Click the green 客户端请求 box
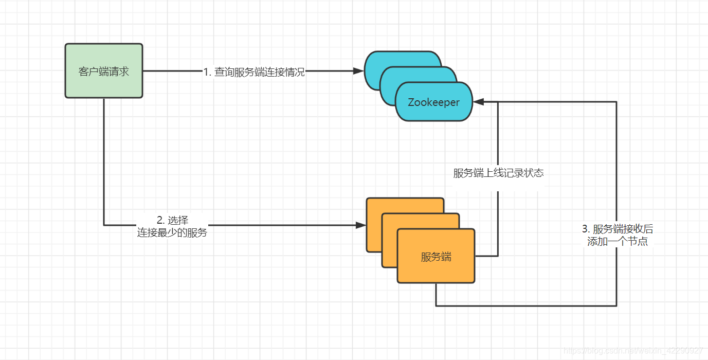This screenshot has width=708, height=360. tap(103, 71)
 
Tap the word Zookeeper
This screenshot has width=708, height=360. tap(433, 102)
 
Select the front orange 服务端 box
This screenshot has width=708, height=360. tap(436, 256)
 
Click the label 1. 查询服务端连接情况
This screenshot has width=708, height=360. tap(254, 73)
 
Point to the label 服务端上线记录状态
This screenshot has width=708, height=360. tap(498, 173)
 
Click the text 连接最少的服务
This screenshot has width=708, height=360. tap(172, 233)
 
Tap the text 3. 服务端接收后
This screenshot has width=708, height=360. tap(617, 229)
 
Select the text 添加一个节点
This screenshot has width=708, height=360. tap(617, 241)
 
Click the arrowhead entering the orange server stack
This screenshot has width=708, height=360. tap(361, 225)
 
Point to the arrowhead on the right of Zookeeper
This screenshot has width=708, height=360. tap(478, 102)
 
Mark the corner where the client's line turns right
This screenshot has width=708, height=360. tap(104, 225)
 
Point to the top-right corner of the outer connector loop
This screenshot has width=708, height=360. tap(616, 102)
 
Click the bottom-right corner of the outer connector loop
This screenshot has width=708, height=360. tap(616, 306)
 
